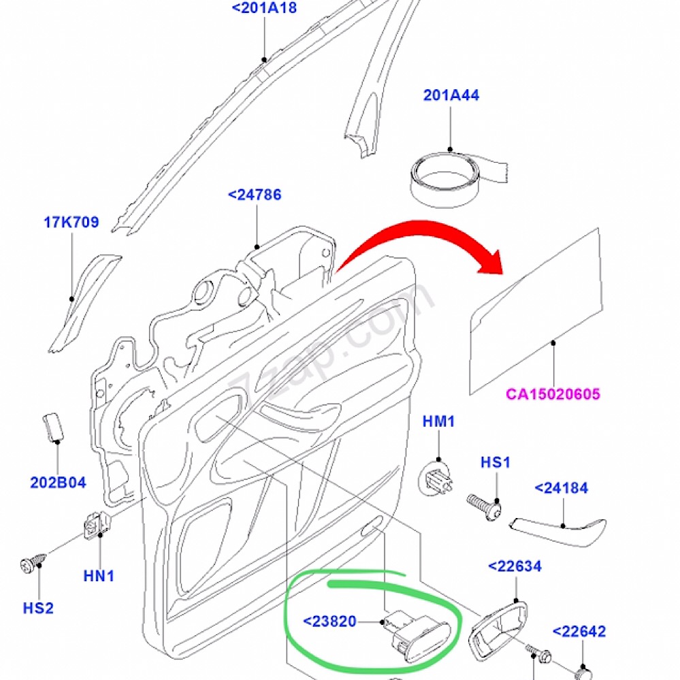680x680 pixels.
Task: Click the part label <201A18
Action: tap(265, 9)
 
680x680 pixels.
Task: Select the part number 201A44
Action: tap(451, 95)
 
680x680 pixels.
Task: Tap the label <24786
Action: tap(255, 195)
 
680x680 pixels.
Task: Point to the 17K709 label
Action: tap(71, 222)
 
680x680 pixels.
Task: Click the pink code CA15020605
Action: tap(553, 394)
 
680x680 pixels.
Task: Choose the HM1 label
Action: tap(438, 422)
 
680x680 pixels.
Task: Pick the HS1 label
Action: tap(496, 463)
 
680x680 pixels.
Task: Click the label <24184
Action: tap(562, 488)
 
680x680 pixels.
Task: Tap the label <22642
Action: tap(579, 632)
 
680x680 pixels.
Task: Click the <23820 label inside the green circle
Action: tap(329, 621)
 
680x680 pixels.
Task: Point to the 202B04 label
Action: tap(58, 483)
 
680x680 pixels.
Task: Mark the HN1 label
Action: tap(99, 576)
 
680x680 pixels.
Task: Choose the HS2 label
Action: tap(38, 608)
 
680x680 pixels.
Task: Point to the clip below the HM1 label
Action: tap(437, 476)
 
